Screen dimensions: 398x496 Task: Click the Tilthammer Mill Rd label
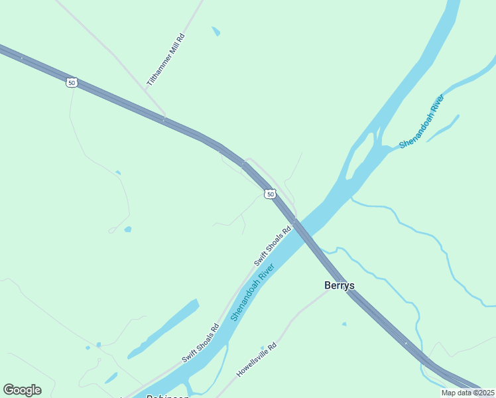[166, 60]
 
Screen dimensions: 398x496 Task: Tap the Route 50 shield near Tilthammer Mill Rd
[72, 82]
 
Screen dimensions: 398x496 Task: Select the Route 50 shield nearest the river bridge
[269, 194]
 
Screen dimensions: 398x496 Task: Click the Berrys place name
[339, 286]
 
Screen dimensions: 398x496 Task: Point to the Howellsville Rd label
[256, 360]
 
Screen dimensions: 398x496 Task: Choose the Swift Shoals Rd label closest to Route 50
[273, 245]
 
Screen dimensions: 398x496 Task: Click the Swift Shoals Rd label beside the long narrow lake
[200, 342]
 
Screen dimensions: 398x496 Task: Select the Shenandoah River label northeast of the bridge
[422, 121]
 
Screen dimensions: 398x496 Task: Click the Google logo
[22, 390]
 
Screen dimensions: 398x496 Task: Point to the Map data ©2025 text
[468, 393]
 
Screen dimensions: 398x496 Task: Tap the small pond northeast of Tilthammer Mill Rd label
[216, 31]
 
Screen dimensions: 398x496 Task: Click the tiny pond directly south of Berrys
[343, 324]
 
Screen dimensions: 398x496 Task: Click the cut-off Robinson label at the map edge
[167, 395]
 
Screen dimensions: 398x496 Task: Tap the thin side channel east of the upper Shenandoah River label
[443, 129]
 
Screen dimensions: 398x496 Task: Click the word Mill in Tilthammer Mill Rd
[166, 59]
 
